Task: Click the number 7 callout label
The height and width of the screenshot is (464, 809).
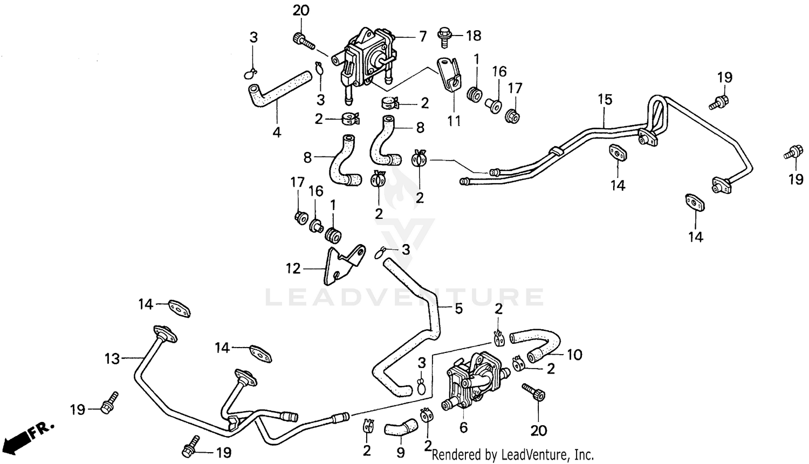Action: [422, 36]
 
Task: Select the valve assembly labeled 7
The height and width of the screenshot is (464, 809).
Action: [366, 59]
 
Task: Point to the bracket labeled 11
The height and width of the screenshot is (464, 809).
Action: [450, 75]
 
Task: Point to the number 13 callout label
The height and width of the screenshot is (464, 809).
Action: [112, 358]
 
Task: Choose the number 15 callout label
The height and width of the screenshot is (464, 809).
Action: [605, 100]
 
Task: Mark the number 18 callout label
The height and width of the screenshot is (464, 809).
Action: [473, 36]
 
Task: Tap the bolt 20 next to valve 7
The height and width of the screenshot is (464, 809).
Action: [304, 40]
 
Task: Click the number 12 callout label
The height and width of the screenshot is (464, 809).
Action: [293, 268]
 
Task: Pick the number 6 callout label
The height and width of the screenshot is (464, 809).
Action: [463, 428]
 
